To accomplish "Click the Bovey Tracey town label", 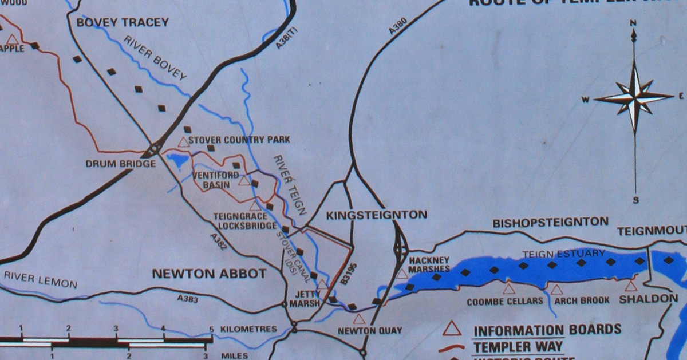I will pos(123,23).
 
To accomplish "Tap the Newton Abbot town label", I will pos(209,274).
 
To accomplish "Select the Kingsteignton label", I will pos(376,215).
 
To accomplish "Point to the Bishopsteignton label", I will pos(550,222).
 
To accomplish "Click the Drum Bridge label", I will pos(121,164).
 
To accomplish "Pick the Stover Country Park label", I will pos(239,140).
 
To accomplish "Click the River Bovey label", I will pos(155,58).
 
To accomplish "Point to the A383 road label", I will pos(187,298).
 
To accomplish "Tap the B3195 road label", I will pos(345,274).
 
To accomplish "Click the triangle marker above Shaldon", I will pos(631,286).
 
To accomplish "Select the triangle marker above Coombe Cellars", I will pos(508,289).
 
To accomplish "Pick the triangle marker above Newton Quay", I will pos(359,319).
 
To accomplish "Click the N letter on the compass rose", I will pos(633,23).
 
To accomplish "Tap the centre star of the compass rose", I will pos(634,97).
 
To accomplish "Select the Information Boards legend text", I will pos(547,330).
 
